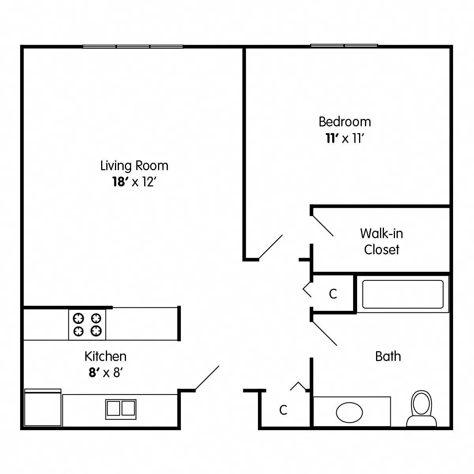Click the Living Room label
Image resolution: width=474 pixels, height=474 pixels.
pyautogui.click(x=134, y=166)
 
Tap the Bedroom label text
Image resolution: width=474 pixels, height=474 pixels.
pyautogui.click(x=345, y=121)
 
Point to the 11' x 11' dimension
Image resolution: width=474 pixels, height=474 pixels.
pyautogui.click(x=344, y=139)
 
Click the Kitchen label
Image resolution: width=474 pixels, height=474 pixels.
pyautogui.click(x=105, y=356)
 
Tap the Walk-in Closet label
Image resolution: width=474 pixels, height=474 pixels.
pyautogui.click(x=382, y=241)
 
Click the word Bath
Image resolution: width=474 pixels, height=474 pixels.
pyautogui.click(x=388, y=356)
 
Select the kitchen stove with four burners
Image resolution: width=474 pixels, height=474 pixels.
pyautogui.click(x=87, y=324)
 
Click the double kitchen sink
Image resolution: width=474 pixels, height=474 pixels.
pyautogui.click(x=120, y=408)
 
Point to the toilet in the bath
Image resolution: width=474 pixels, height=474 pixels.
pyautogui.click(x=421, y=409)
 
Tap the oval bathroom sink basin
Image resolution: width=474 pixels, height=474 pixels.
pyautogui.click(x=349, y=412)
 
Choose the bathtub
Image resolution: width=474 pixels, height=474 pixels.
pyautogui.click(x=403, y=294)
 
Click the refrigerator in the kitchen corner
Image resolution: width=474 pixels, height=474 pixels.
pyautogui.click(x=43, y=408)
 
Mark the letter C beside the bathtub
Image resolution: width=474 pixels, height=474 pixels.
pyautogui.click(x=333, y=294)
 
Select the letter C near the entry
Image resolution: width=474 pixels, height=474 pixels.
pyautogui.click(x=283, y=410)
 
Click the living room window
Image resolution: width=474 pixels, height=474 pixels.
pyautogui.click(x=133, y=47)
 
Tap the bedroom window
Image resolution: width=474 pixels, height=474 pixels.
pyautogui.click(x=344, y=45)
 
